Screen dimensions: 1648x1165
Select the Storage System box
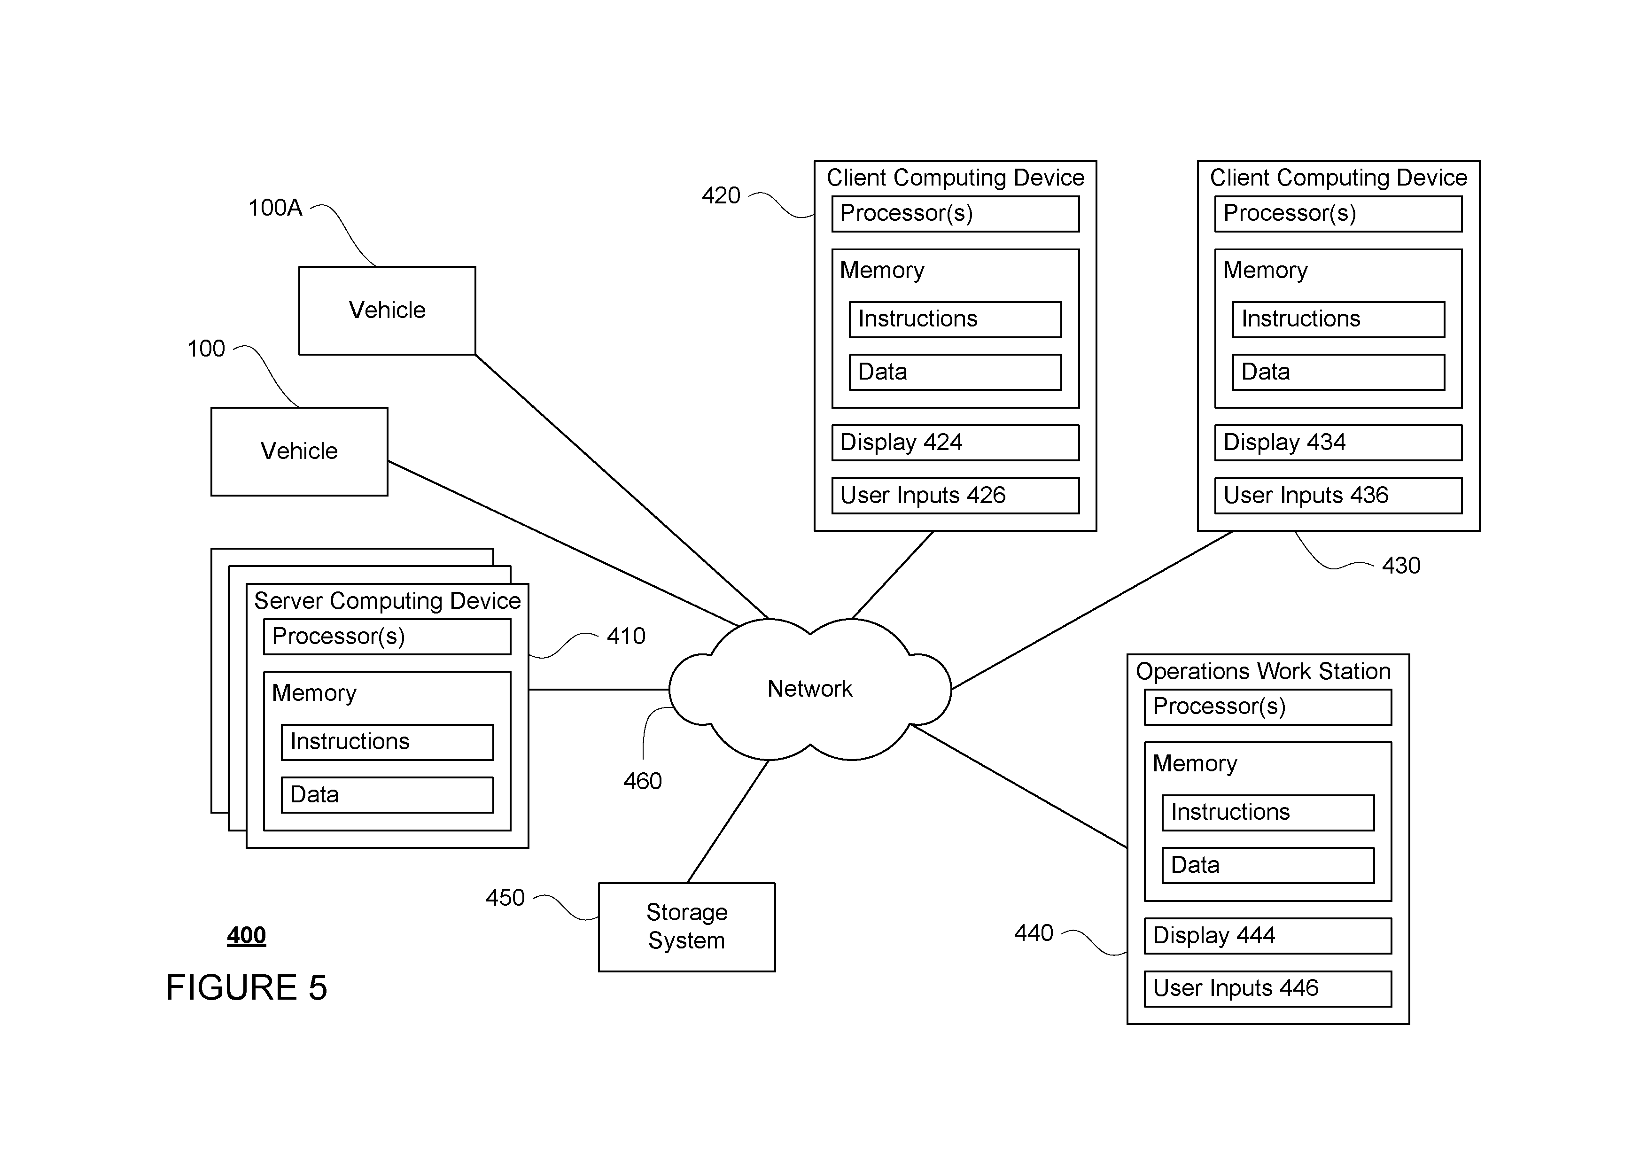(x=687, y=927)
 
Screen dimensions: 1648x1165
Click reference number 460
(x=642, y=781)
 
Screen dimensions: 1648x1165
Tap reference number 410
(x=626, y=636)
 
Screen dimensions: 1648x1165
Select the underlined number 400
(x=246, y=935)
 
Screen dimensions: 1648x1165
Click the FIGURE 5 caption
(x=246, y=988)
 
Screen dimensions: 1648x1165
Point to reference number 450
(x=505, y=897)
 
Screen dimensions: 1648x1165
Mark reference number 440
(x=1034, y=932)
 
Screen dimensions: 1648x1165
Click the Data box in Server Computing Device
(x=387, y=795)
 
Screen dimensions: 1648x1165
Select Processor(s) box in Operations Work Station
(x=1267, y=707)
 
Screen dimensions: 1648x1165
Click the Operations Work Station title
(x=1263, y=671)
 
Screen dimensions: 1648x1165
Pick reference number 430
(x=1401, y=566)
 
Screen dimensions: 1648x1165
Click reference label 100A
(x=275, y=208)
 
